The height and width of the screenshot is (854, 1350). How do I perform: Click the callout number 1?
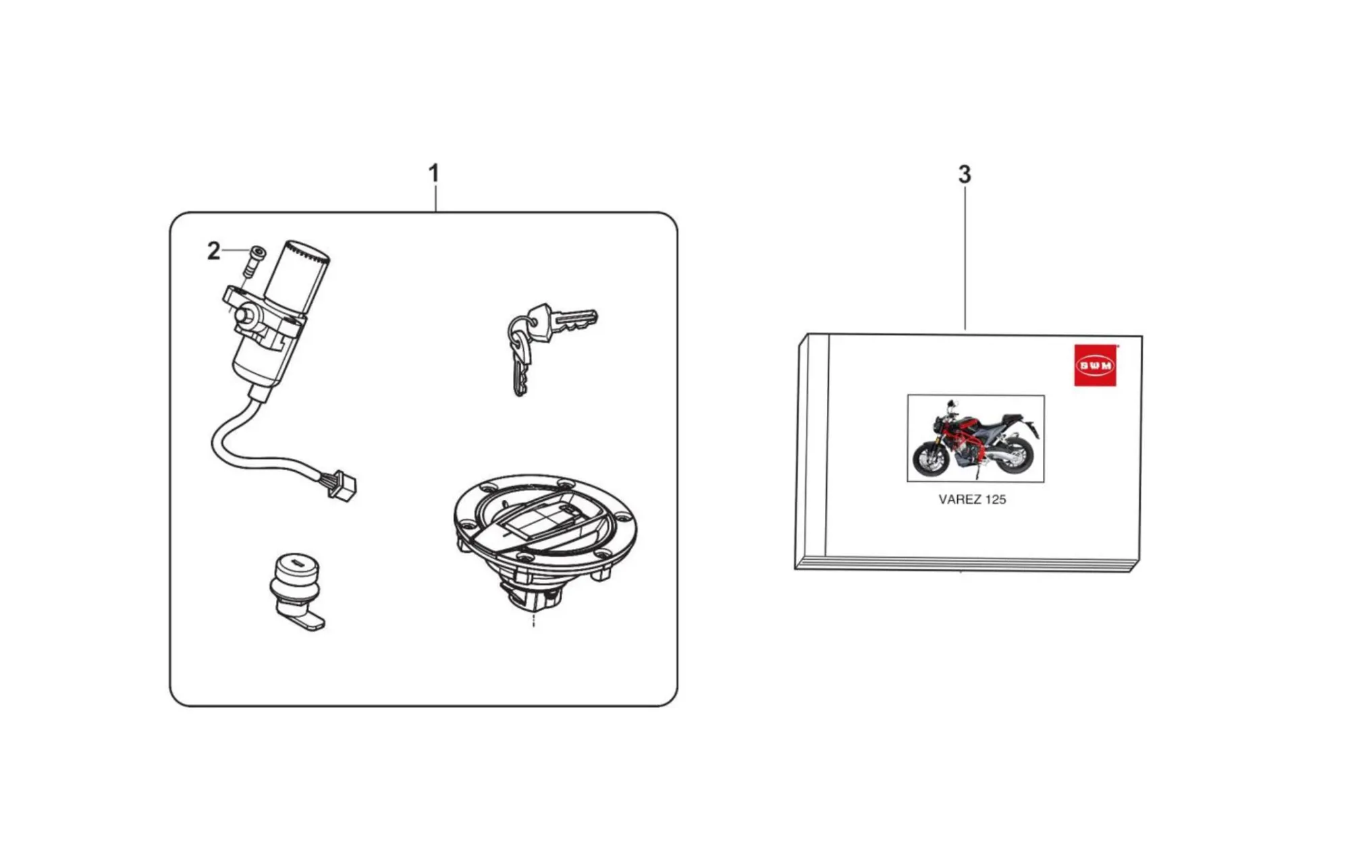tap(434, 173)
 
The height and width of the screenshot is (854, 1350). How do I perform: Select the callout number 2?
tap(213, 251)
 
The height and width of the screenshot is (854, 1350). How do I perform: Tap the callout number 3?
tap(965, 175)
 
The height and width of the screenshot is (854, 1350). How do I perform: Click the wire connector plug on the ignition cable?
tap(342, 486)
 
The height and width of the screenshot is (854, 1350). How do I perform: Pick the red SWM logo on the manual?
tap(1095, 366)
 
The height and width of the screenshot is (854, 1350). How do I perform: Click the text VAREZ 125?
tap(972, 500)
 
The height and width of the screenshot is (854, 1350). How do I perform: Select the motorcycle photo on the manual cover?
tap(975, 438)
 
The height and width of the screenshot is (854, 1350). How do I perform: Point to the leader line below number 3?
tap(965, 258)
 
